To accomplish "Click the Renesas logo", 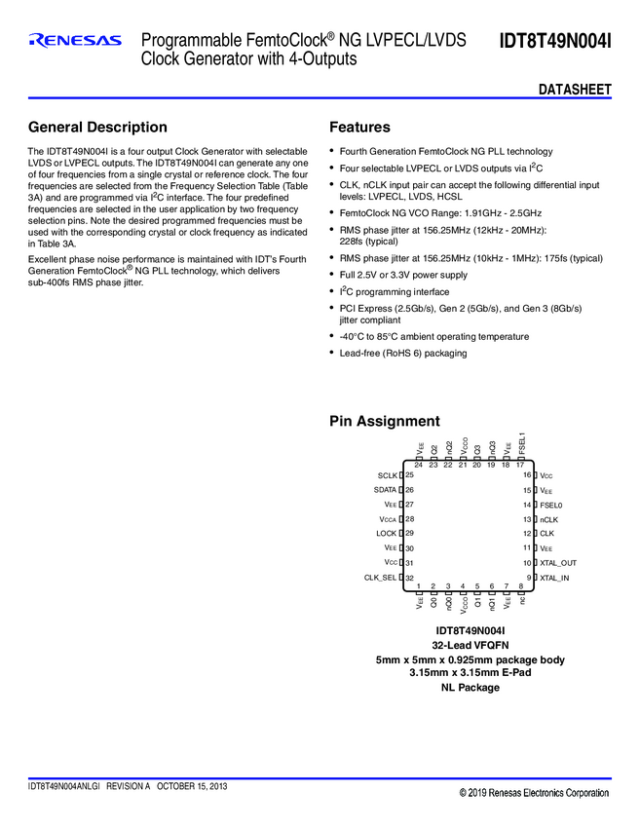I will (75, 41).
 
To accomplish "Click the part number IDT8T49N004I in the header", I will (555, 41).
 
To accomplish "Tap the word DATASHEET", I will (575, 90).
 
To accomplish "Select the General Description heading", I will (97, 128).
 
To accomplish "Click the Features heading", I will (359, 128).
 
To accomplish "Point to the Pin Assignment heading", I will (385, 422).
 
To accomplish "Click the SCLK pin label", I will (387, 474).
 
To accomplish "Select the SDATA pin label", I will (385, 489).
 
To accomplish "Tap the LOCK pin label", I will (386, 534).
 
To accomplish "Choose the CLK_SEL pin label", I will (381, 578).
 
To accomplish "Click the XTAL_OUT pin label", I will (558, 563).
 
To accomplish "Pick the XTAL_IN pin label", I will (555, 578).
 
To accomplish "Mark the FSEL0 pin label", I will (551, 505).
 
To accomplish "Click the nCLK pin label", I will (548, 519).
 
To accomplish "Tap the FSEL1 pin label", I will (522, 444).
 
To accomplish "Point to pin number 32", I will (410, 578).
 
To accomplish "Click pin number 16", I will (527, 474).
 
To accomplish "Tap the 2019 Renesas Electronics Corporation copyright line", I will (534, 794).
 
